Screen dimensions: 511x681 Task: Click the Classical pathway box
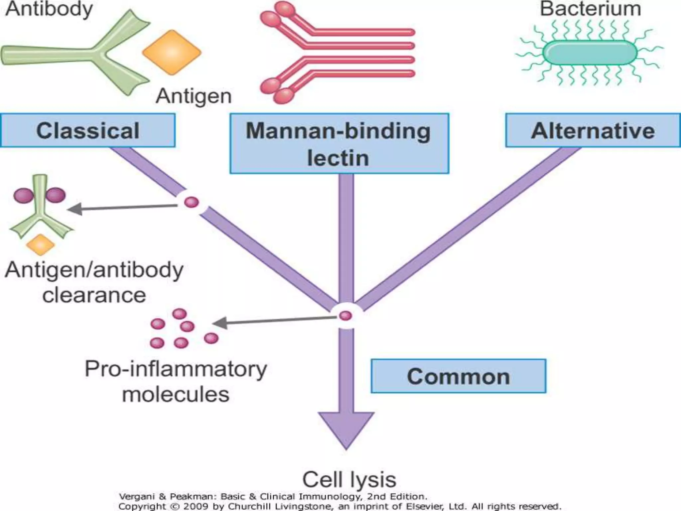pos(88,130)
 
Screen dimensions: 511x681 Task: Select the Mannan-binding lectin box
pos(339,144)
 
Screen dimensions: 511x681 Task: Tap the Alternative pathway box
pos(593,130)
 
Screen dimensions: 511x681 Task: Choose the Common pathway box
pos(458,376)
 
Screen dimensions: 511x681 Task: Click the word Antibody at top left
pos(49,9)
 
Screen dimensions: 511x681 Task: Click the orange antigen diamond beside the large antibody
pos(172,52)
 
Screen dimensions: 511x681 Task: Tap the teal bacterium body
pos(590,53)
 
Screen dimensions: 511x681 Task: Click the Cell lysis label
pos(349,479)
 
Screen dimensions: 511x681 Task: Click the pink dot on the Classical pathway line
pos(191,202)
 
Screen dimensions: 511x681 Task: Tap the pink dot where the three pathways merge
pos(345,315)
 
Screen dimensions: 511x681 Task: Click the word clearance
pos(94,295)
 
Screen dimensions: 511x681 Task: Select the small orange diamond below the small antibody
pos(40,245)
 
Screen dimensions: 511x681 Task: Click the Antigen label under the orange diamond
pos(194,96)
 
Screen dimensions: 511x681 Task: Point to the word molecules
pos(176,395)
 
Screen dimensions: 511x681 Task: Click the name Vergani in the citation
pos(137,497)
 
